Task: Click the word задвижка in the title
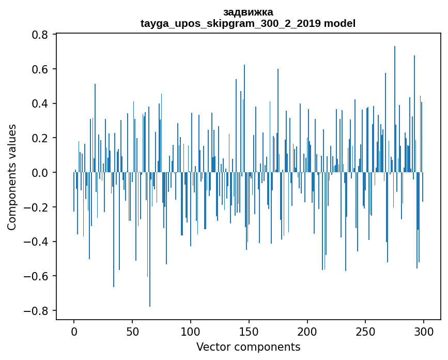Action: (248, 12)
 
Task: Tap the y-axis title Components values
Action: (12, 177)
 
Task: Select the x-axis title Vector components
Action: (248, 347)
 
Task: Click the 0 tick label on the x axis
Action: (74, 331)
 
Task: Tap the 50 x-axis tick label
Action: (132, 331)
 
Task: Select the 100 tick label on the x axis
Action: (191, 331)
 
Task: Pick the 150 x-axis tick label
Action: (249, 331)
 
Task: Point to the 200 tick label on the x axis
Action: (307, 331)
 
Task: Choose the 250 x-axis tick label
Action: (366, 331)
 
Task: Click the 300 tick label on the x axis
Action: (424, 331)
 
